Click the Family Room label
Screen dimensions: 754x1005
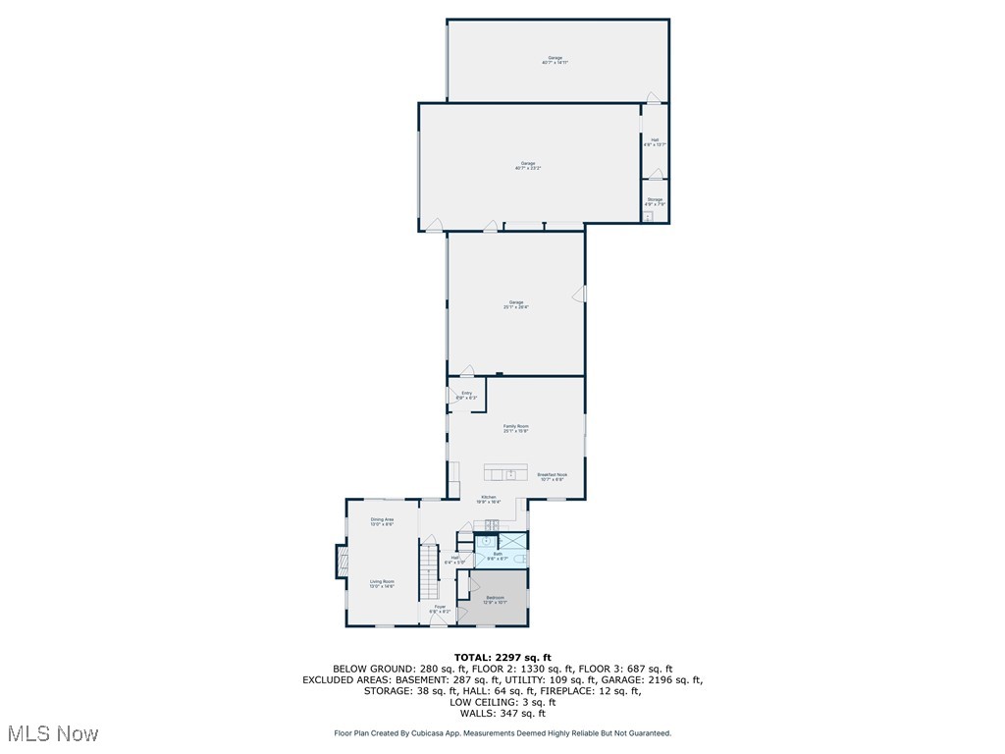coord(516,428)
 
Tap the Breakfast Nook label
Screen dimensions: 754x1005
coord(552,477)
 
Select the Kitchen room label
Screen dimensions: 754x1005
coord(489,500)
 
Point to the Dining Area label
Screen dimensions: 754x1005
coord(382,521)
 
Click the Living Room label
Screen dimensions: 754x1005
coord(382,583)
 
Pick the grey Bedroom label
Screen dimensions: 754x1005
coord(494,599)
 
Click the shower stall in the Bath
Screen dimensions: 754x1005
coord(513,540)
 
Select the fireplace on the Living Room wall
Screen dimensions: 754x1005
coord(341,562)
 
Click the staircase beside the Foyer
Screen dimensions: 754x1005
coord(429,573)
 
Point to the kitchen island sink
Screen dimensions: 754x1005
coord(510,473)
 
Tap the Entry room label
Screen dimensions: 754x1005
coord(467,395)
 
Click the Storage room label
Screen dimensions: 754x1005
coord(655,201)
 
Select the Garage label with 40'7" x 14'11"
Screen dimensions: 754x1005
coord(555,60)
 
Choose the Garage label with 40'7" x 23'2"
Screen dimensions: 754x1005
coord(528,166)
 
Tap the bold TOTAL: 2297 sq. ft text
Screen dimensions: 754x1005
coord(502,657)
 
